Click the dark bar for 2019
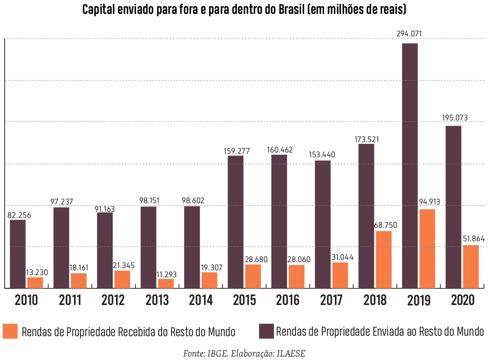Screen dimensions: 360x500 click(x=410, y=166)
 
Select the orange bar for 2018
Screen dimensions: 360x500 click(x=383, y=259)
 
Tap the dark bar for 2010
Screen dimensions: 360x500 click(x=18, y=254)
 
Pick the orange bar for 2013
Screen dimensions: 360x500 click(x=166, y=283)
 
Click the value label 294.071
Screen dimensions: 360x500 click(x=409, y=34)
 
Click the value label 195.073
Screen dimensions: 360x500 click(x=455, y=118)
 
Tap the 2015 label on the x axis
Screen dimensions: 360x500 click(x=244, y=300)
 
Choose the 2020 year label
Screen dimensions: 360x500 click(x=462, y=300)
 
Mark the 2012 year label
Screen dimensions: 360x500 click(x=114, y=300)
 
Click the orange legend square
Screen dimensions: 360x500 click(x=10, y=331)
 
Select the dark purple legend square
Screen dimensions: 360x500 click(x=266, y=331)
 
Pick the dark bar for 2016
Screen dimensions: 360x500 click(x=279, y=221)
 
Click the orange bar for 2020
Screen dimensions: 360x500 click(x=471, y=266)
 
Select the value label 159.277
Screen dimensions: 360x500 click(x=236, y=152)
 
